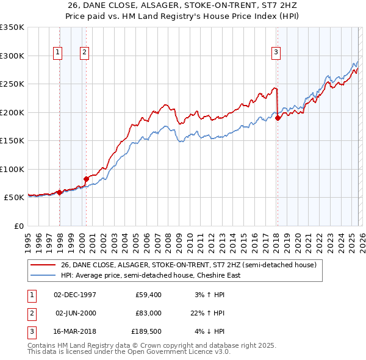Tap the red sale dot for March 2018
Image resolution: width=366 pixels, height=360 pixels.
click(278, 118)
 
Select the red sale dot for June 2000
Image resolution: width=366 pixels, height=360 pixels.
click(86, 179)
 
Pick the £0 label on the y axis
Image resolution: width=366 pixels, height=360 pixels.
click(18, 226)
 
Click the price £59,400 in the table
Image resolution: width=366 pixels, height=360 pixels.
click(148, 295)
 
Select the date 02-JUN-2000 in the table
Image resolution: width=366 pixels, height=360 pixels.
click(75, 313)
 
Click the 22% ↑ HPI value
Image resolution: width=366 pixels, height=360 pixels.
click(208, 313)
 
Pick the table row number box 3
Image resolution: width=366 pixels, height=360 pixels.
click(30, 331)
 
